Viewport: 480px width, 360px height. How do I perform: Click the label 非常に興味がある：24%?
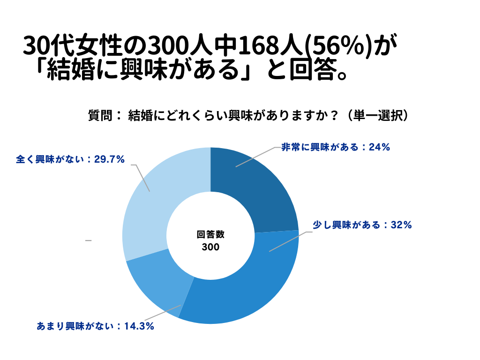coord(335,147)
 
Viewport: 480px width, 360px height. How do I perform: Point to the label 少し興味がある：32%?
coord(362,225)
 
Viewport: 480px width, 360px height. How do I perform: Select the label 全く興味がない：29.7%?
coord(70,159)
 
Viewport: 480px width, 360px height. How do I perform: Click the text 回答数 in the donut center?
coord(210,235)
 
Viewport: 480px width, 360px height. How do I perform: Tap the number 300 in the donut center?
coord(210,247)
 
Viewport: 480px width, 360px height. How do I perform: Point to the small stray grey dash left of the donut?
coord(88,240)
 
